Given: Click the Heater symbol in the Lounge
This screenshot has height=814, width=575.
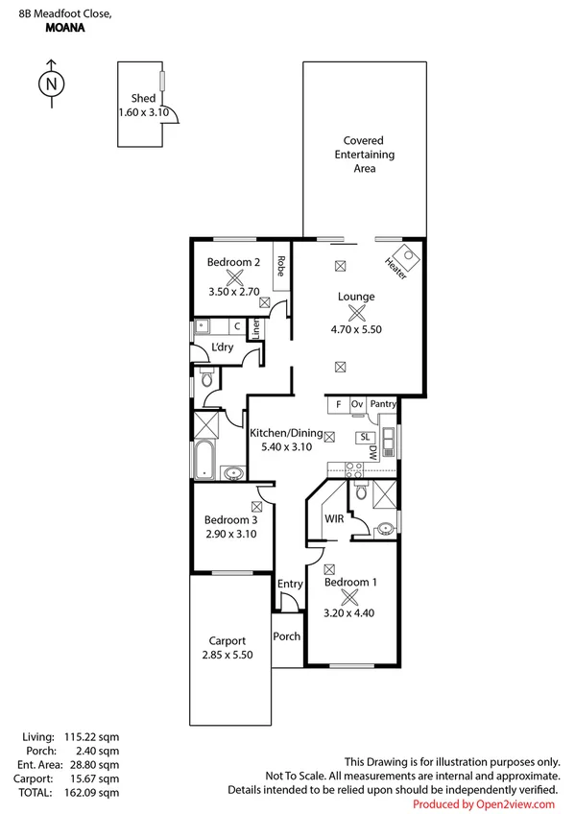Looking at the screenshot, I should point(406,257).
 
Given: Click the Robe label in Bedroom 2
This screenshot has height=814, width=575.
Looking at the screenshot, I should point(281,265).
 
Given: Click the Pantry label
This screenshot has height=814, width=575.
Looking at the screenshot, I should point(383,405).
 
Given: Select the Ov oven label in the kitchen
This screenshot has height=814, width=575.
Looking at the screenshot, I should point(357,405).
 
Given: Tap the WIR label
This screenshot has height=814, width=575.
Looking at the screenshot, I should point(334,518).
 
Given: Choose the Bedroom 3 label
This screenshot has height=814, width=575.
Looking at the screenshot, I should point(230,520).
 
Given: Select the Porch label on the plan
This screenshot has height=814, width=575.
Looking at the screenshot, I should point(287,636).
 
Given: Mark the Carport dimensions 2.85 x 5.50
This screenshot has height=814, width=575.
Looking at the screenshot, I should point(228,656).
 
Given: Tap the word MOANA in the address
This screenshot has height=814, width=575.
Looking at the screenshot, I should point(64,29).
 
